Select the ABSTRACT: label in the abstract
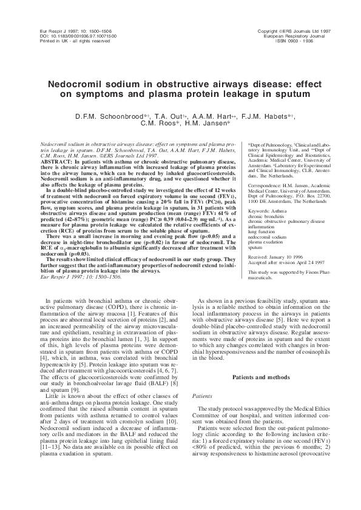pyautogui.click(x=53, y=163)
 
